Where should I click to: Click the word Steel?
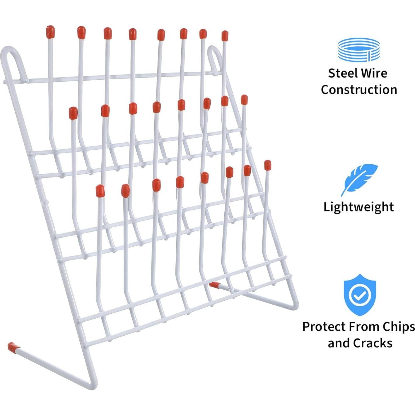[341, 73]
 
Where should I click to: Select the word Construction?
[359, 90]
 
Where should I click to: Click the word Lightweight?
[358, 207]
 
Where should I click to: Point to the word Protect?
[324, 327]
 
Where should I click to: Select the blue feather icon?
[359, 179]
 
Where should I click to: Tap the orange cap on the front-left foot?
[12, 346]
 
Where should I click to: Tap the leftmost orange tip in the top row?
[50, 32]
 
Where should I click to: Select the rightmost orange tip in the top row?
[225, 35]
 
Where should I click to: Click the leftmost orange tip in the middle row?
[73, 113]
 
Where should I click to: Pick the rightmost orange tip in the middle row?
[244, 100]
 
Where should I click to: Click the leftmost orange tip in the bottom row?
[100, 191]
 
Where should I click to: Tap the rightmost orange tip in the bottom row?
[267, 165]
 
